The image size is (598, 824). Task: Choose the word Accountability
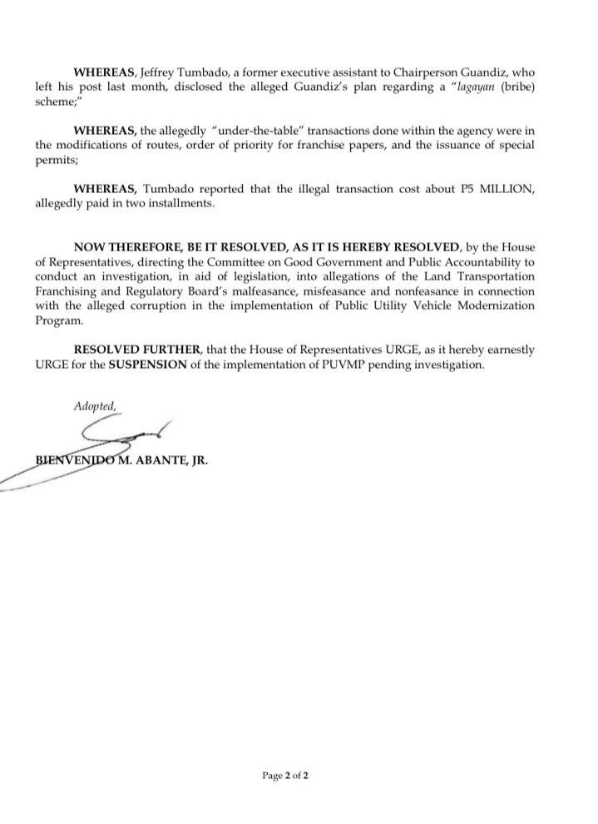pos(482,261)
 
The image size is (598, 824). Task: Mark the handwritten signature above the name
pos(125,437)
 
